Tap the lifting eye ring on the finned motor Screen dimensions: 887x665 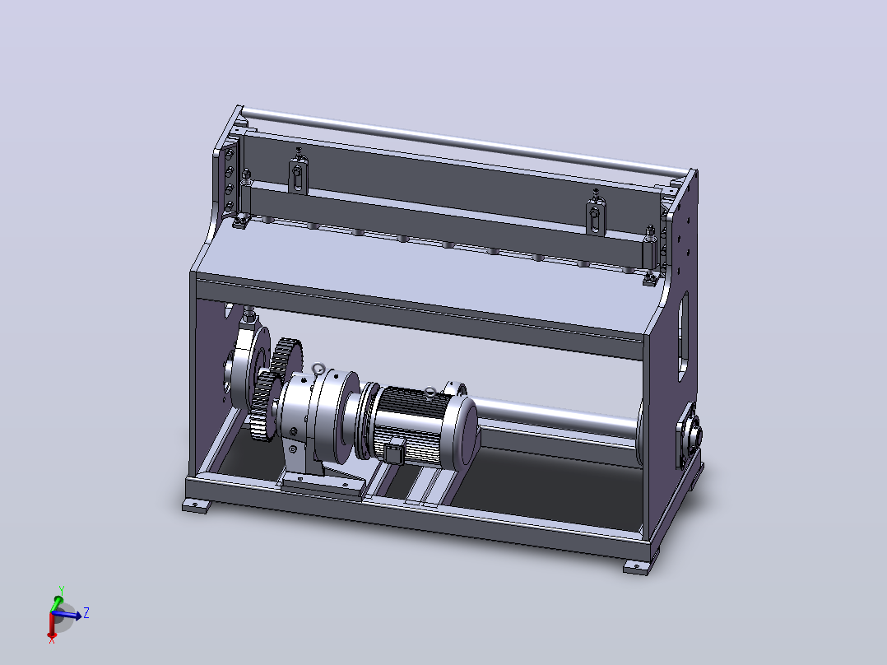(x=430, y=393)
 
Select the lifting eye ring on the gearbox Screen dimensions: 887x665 (x=318, y=369)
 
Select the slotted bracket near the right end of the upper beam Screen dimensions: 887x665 (x=595, y=217)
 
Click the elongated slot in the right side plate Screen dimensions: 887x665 (x=683, y=336)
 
